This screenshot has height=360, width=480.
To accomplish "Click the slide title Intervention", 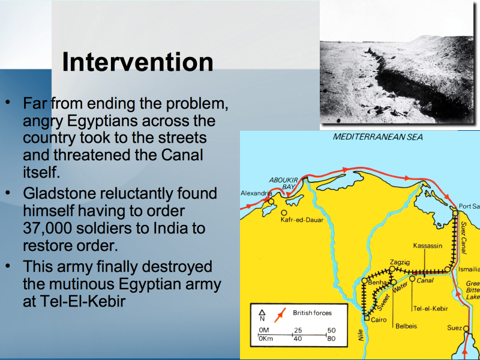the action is tap(137, 62).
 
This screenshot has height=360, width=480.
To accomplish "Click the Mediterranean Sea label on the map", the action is tap(378, 137).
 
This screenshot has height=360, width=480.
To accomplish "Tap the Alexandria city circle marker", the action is tap(271, 202).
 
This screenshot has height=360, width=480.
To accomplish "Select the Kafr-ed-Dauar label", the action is tap(302, 220).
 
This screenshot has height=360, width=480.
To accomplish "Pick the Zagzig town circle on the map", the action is tap(392, 269).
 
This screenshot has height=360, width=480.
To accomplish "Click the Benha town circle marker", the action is tap(365, 280).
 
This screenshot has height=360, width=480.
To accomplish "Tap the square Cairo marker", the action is tap(367, 319).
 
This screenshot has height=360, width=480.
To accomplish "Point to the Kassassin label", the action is tap(428, 245).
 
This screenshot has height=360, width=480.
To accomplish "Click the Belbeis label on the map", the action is tap(406, 326).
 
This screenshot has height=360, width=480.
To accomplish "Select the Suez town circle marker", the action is tap(466, 329).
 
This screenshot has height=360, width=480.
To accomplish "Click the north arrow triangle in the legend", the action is tap(262, 312).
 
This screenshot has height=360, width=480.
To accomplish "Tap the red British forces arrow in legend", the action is tap(280, 315).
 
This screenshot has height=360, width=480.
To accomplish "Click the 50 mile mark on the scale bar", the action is tap(331, 331).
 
